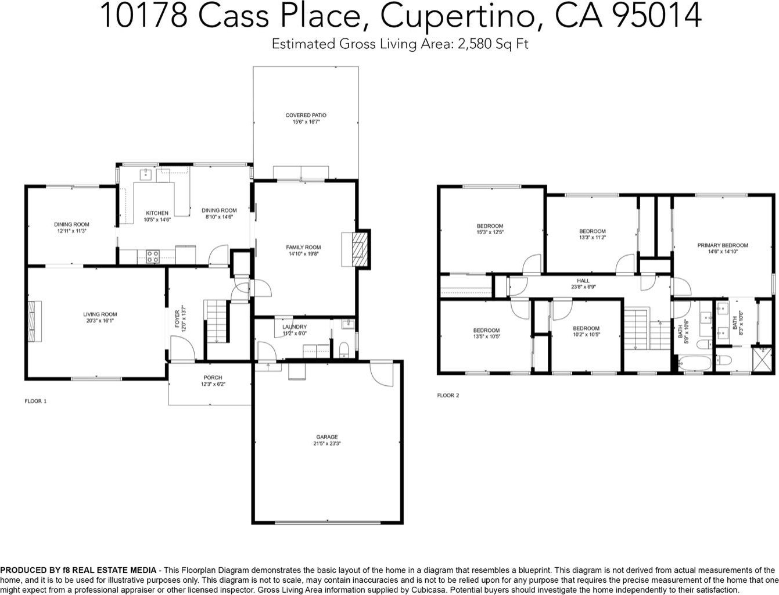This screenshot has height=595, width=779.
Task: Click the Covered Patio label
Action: click(306, 115)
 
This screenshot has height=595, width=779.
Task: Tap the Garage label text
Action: click(327, 437)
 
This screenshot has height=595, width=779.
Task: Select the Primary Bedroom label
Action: click(723, 245)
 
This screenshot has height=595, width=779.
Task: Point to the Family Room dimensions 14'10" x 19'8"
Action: click(303, 254)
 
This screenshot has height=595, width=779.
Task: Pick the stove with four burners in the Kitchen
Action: click(153, 257)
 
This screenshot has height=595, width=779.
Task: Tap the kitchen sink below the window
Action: click(145, 174)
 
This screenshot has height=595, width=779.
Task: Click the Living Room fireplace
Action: click(34, 321)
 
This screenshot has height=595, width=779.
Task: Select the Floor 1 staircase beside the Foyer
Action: click(216, 321)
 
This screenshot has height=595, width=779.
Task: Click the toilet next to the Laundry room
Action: click(344, 349)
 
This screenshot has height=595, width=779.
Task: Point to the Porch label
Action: click(213, 378)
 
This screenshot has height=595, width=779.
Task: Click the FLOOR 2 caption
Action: click(448, 396)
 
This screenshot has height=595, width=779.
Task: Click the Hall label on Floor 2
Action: click(583, 281)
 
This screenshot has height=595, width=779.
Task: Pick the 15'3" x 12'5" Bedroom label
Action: click(490, 230)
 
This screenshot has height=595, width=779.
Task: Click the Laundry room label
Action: click(295, 327)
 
